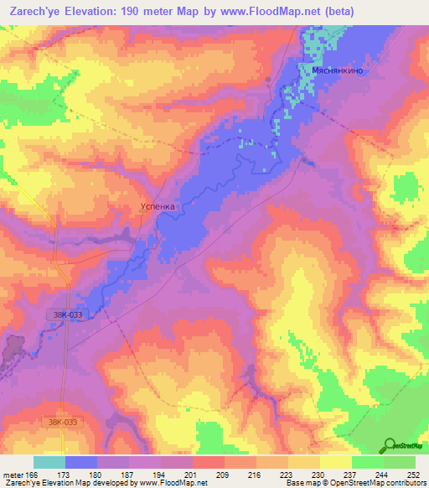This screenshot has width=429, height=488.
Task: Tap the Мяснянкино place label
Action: pos(338,72)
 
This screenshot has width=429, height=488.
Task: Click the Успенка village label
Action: pos(157,204)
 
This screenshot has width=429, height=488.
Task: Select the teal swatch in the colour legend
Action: pos(49,462)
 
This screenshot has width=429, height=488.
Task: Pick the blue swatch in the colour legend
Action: pos(81,462)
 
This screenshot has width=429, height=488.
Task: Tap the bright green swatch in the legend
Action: pos(367,462)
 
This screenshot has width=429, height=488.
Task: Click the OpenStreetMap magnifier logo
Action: pos(390,446)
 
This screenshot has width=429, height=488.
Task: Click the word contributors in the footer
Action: pos(406,483)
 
